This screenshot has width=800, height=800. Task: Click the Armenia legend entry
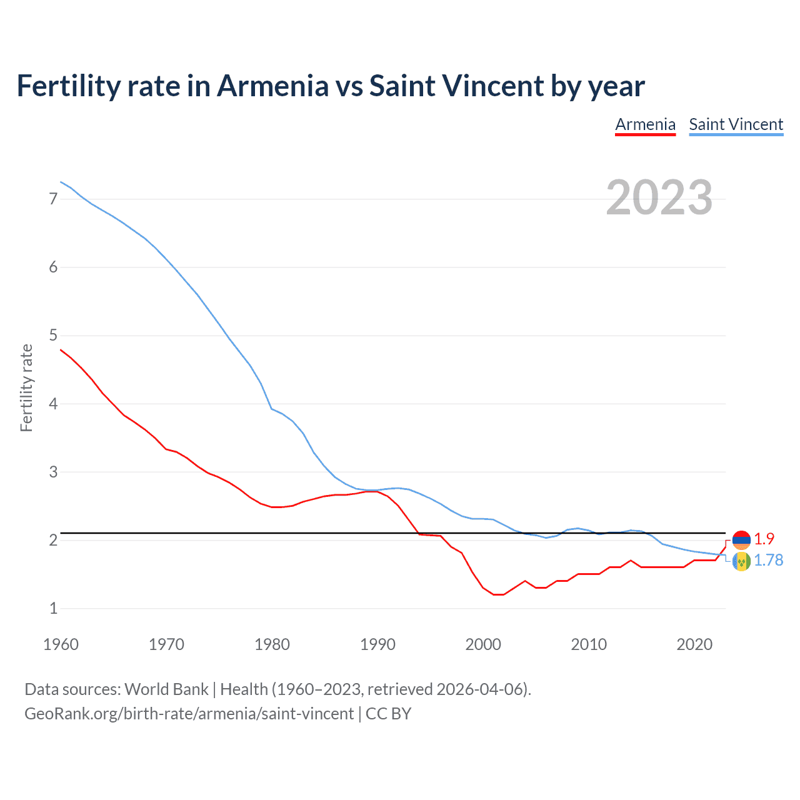tap(645, 124)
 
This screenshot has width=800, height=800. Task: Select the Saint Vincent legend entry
tap(736, 124)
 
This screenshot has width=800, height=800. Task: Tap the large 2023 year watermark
tap(659, 197)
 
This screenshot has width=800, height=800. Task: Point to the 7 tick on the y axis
tap(53, 199)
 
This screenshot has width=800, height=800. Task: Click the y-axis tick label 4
tap(53, 404)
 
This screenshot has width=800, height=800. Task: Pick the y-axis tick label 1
tap(53, 608)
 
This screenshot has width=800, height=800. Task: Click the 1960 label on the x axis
tap(61, 644)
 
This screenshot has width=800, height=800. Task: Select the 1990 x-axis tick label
tap(377, 644)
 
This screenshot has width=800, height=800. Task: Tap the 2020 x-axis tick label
tap(694, 644)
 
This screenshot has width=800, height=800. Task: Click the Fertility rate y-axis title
tap(26, 387)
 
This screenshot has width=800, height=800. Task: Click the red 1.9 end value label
tap(764, 539)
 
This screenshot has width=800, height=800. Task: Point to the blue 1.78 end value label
tap(768, 561)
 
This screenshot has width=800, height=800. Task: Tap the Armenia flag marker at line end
tap(741, 540)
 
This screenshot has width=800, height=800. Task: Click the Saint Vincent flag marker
tap(741, 561)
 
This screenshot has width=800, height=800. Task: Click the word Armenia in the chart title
tap(272, 86)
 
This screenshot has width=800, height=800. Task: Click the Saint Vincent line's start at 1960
tap(61, 182)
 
